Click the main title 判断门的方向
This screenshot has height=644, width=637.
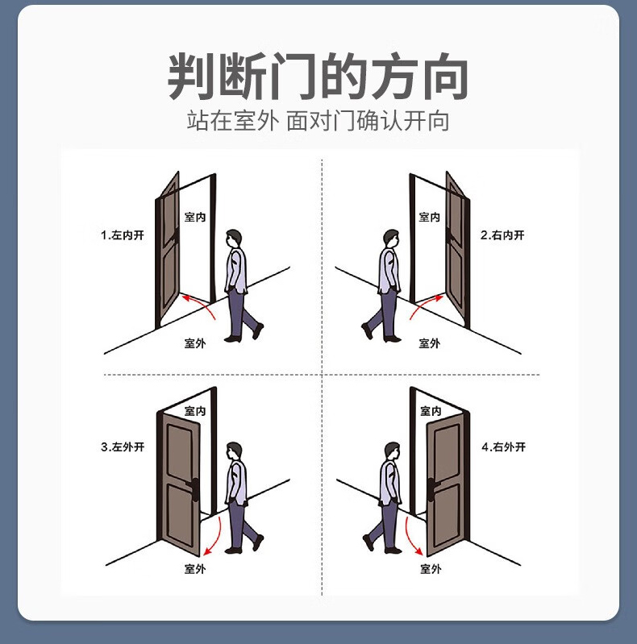[x=318, y=77]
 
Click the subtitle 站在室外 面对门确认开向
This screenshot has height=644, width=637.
[x=318, y=122]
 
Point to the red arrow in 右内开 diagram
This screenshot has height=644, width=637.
[x=428, y=304]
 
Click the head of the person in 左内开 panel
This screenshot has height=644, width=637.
[x=234, y=239]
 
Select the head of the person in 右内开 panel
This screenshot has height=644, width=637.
[x=390, y=239]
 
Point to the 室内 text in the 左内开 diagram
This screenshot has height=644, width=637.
[x=194, y=218]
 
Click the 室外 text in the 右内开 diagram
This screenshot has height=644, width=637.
[x=430, y=343]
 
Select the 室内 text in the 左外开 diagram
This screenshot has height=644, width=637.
[x=195, y=411]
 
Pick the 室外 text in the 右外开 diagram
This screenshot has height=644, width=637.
[x=431, y=569]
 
